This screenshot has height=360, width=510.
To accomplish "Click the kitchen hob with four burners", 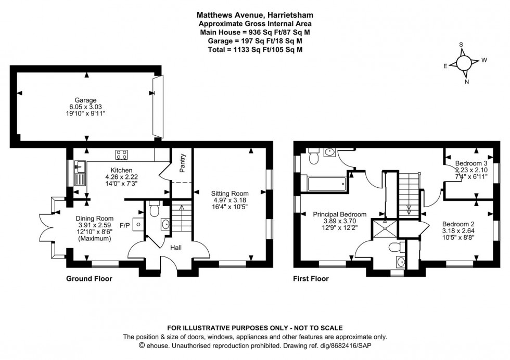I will (122, 154).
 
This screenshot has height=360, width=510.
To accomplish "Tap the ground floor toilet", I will (154, 210).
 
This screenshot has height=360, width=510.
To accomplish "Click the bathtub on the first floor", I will (326, 183).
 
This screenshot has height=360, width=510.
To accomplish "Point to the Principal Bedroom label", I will (339, 214).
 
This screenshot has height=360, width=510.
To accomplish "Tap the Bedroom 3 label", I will (471, 163).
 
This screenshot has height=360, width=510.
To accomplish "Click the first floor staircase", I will (409, 192).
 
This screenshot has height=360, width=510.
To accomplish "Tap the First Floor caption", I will (311, 279).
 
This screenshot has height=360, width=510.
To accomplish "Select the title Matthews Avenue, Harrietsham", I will (255, 15).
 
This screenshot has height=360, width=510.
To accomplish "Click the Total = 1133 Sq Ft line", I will (255, 49).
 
